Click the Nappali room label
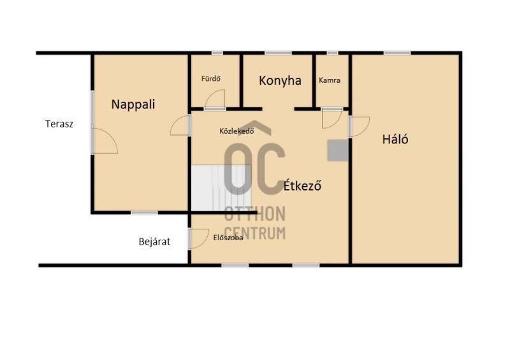133,104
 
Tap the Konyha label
280,81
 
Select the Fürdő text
211,78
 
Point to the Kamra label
330,80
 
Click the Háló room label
395,139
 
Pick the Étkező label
302,185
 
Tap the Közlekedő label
237,131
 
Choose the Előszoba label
228,238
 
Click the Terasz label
59,124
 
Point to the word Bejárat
154,241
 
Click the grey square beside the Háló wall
338,150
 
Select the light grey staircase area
221,188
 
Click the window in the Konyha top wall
278,53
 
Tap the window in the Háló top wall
397,53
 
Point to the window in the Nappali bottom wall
145,213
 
